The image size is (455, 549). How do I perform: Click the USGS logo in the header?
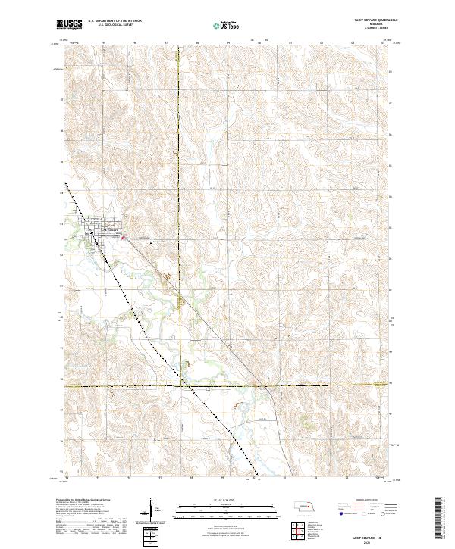69,24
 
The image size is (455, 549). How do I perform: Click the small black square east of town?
152,242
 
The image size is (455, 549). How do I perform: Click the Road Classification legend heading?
366,501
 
